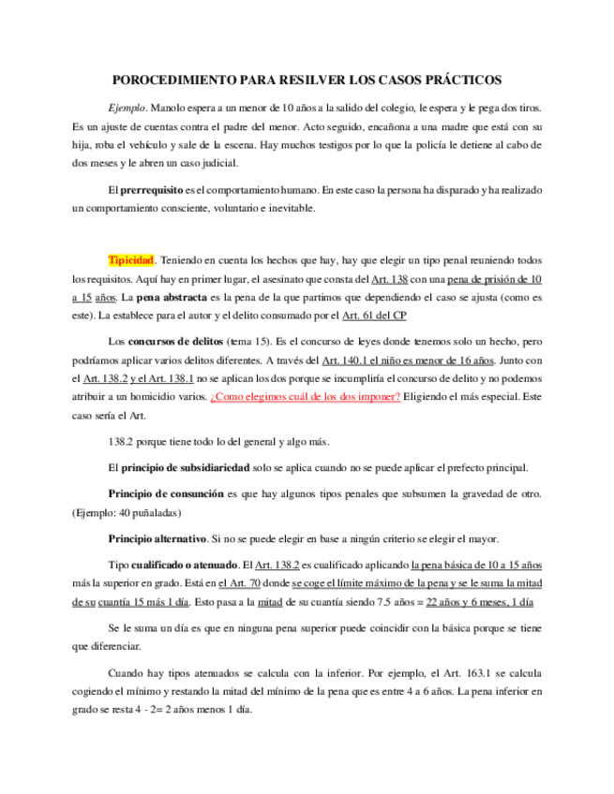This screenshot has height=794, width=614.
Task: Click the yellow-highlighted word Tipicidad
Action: click(131, 259)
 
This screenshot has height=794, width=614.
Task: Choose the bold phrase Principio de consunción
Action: click(166, 493)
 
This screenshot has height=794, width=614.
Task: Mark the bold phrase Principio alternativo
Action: click(157, 538)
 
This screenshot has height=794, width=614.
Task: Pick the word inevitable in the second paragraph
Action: click(288, 208)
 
